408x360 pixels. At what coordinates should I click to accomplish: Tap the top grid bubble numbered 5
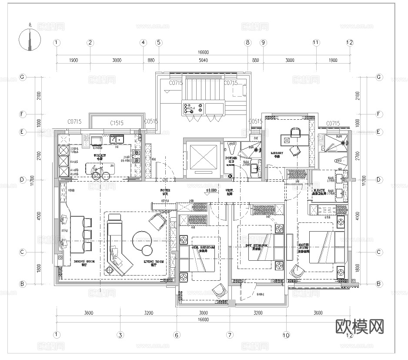click(159, 43)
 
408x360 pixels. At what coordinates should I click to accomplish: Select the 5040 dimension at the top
click(203, 61)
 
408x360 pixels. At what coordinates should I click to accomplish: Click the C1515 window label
click(117, 123)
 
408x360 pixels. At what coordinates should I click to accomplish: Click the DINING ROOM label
click(82, 262)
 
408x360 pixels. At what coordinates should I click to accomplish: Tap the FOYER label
click(165, 191)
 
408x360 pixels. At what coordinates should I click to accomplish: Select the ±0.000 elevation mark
click(211, 191)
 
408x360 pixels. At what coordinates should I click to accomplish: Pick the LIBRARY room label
click(277, 153)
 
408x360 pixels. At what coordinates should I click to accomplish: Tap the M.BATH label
click(319, 190)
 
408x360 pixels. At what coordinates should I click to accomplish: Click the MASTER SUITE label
click(304, 248)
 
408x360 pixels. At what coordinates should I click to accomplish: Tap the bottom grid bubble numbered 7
click(230, 335)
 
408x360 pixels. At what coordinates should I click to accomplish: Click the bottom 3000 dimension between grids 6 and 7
click(203, 313)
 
